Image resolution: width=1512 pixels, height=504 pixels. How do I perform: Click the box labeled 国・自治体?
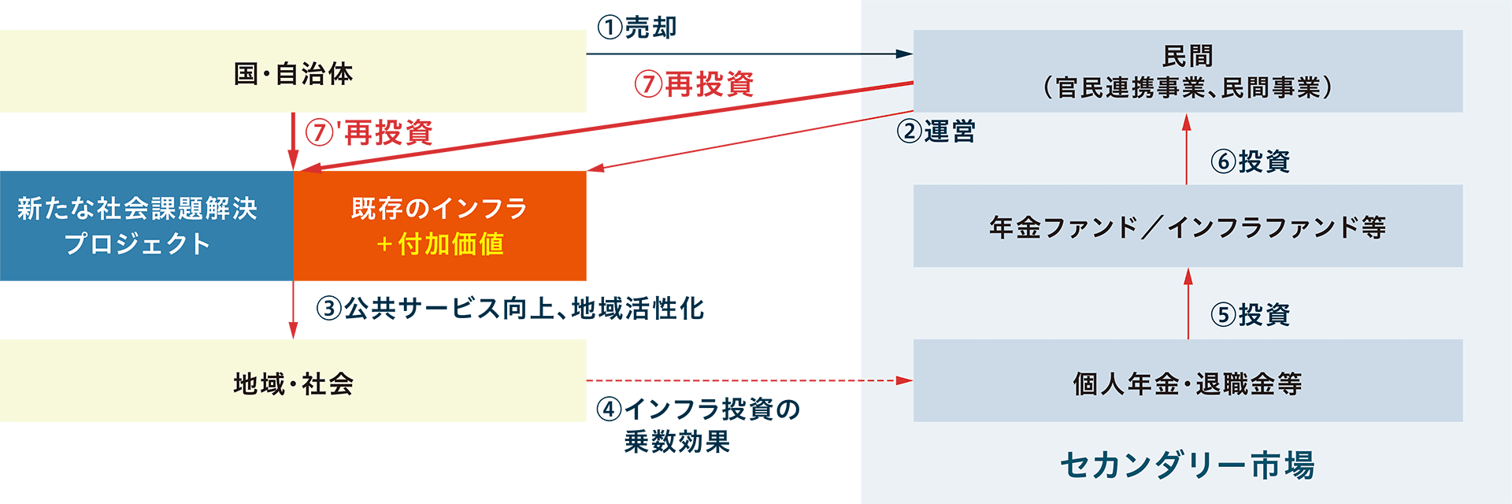click(x=293, y=72)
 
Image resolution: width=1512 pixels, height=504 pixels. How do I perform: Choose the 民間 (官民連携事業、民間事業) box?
click(x=1188, y=71)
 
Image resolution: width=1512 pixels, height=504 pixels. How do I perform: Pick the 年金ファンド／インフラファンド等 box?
click(x=1188, y=226)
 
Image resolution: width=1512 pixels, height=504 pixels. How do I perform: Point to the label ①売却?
click(x=636, y=28)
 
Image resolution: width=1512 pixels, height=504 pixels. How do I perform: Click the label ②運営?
click(x=936, y=131)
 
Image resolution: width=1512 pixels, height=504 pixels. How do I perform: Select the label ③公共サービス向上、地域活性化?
click(x=510, y=308)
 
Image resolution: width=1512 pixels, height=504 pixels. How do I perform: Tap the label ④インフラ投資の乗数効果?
click(x=697, y=424)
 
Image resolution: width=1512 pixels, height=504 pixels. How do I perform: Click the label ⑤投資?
click(x=1251, y=314)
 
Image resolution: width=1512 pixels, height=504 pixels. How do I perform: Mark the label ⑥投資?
click(x=1251, y=161)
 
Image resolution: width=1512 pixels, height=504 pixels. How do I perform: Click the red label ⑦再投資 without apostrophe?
click(x=694, y=84)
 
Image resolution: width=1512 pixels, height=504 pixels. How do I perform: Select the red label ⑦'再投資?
click(x=369, y=132)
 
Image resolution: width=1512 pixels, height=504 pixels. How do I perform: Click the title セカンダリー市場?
click(x=1188, y=465)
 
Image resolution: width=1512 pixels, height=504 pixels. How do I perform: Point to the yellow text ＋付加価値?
click(x=439, y=244)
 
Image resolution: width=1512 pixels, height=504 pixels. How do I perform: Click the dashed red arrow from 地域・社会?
click(x=748, y=380)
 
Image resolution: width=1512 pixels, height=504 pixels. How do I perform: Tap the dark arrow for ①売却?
click(x=748, y=54)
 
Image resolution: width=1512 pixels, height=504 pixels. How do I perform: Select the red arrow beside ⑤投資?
click(x=1188, y=303)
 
